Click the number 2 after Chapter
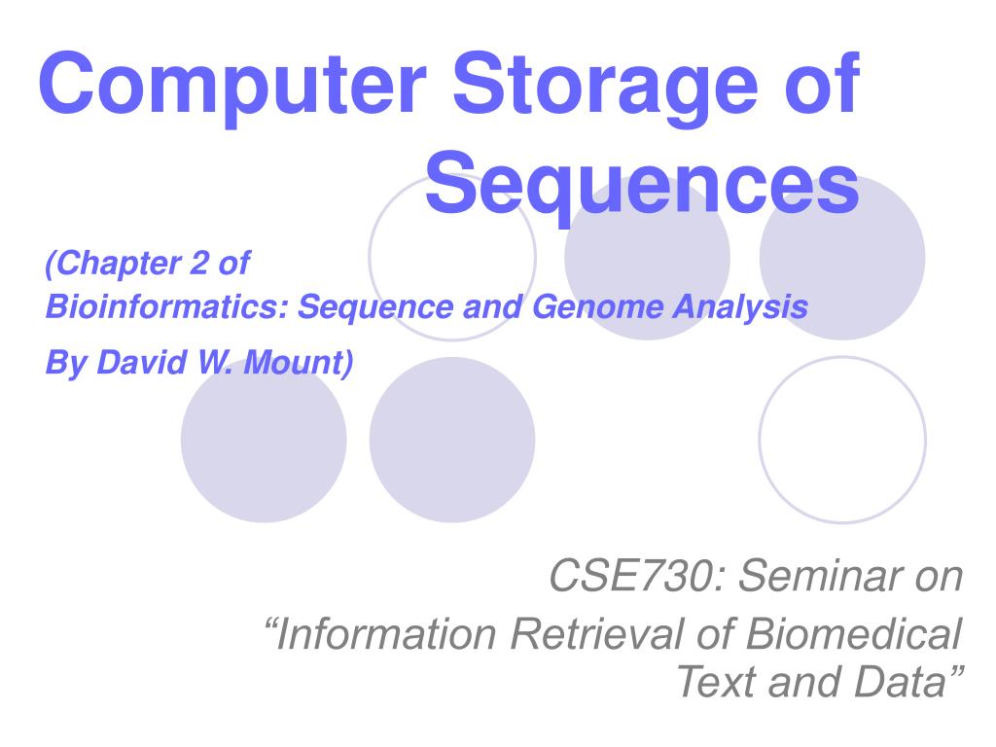click(x=198, y=263)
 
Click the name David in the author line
click(x=142, y=363)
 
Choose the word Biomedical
click(x=854, y=634)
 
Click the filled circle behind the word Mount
click(x=264, y=440)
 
